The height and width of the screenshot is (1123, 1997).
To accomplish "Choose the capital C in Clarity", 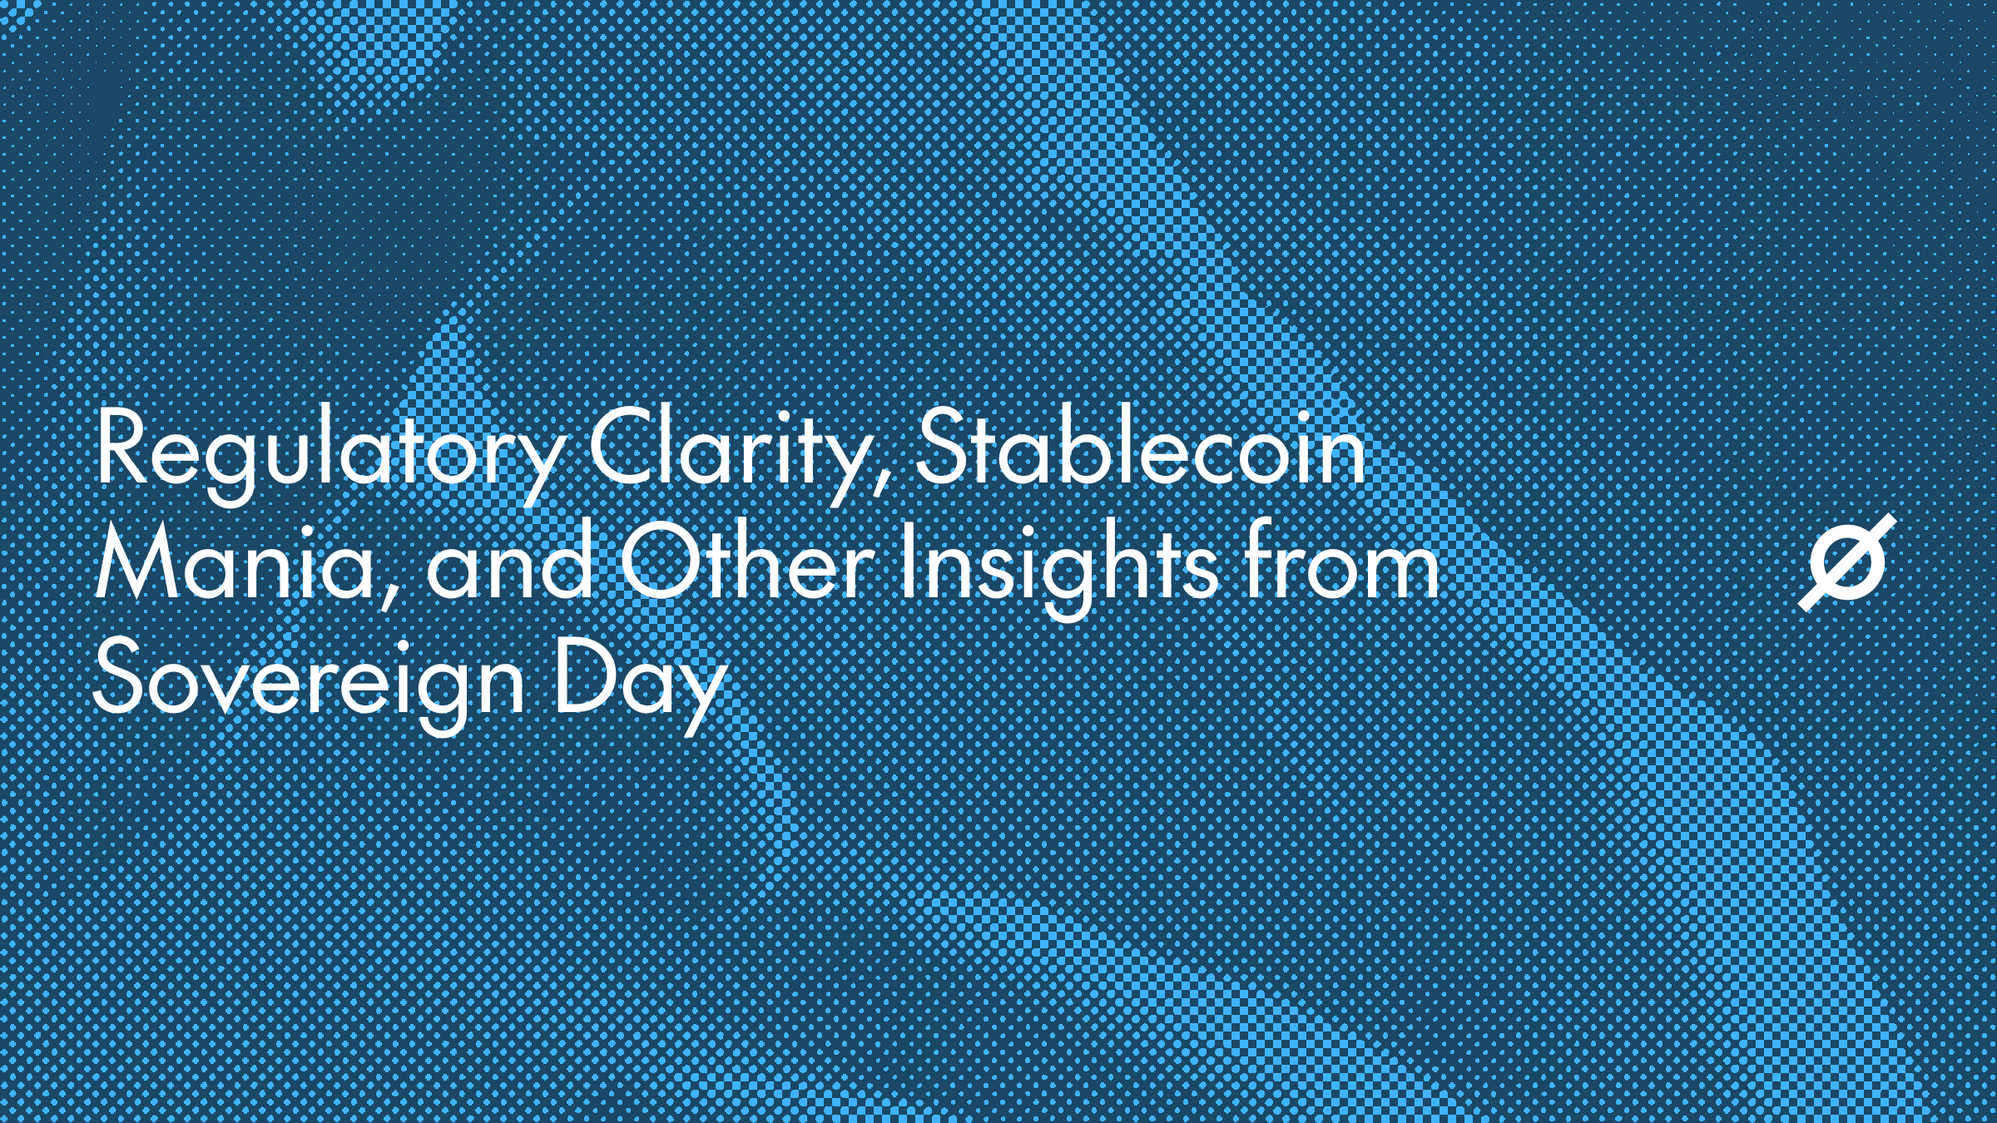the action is coord(627,445).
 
